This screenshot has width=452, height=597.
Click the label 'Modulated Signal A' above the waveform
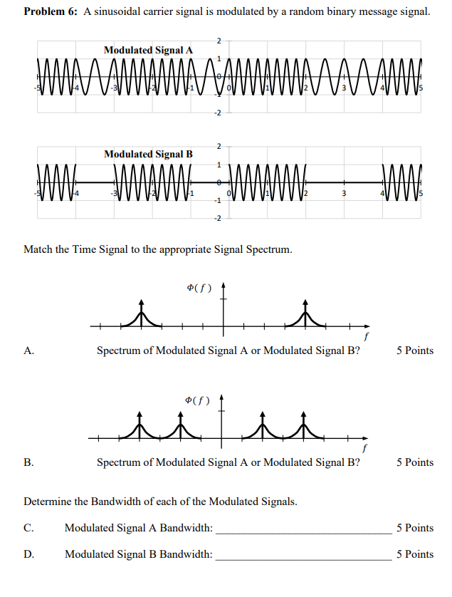[x=148, y=51]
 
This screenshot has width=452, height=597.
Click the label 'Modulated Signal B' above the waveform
[x=148, y=154]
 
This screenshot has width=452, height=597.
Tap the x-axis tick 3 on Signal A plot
[x=343, y=89]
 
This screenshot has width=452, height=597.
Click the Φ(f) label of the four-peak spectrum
[x=196, y=400]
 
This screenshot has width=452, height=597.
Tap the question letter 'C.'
[x=28, y=529]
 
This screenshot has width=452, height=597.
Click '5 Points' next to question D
[x=414, y=554]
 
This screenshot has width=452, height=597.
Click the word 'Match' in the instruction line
[x=38, y=249]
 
